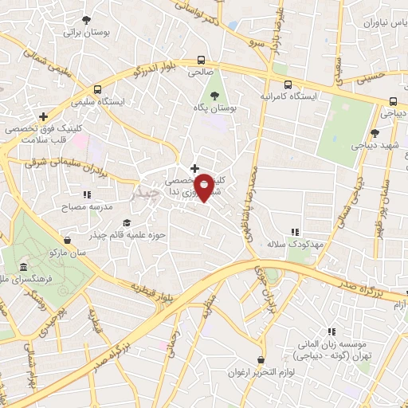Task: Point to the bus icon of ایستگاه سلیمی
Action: (x=98, y=90)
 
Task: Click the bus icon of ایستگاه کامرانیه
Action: (x=287, y=83)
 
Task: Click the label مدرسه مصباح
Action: (x=65, y=205)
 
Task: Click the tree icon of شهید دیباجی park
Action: (x=375, y=133)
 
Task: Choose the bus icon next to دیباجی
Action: (x=393, y=101)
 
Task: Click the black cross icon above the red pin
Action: (x=194, y=168)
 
